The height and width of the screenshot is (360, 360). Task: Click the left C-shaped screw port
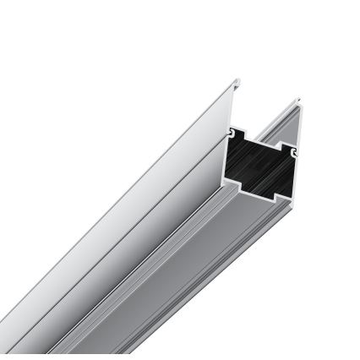pyautogui.click(x=231, y=133)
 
